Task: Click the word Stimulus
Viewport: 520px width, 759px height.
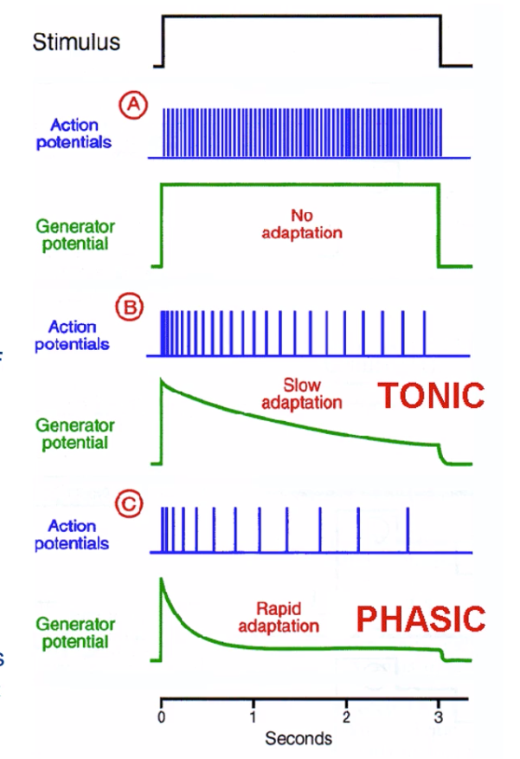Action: tap(76, 42)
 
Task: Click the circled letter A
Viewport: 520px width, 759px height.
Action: tap(132, 104)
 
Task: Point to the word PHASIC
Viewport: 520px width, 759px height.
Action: tap(420, 619)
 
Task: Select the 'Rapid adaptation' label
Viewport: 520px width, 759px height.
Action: tap(288, 616)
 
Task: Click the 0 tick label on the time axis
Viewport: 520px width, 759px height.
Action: tap(162, 717)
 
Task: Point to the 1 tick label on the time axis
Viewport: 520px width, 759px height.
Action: tap(254, 717)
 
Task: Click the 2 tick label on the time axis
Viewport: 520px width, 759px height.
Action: tap(345, 717)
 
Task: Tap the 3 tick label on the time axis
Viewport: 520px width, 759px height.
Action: tap(438, 717)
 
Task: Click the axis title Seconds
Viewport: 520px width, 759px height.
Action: tap(299, 739)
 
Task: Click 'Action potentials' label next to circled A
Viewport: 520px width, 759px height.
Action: tap(74, 134)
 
